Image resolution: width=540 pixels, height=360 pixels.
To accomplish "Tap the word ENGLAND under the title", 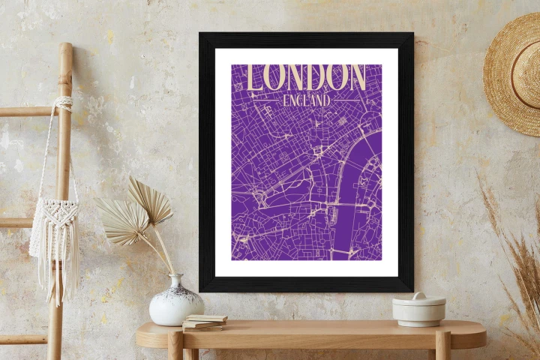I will pos(306,99).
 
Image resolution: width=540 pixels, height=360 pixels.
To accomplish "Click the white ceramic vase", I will pos(175,304).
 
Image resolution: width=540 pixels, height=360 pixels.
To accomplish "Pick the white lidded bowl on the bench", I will pos(418,309).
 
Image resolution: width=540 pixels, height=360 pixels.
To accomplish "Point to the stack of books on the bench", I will pos(204,322).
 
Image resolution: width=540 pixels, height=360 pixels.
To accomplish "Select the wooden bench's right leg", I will pos(442,346).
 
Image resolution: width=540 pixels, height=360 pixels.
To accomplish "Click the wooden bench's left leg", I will pos(175,346).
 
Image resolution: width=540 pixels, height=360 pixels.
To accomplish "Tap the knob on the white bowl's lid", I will pos(418,296).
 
